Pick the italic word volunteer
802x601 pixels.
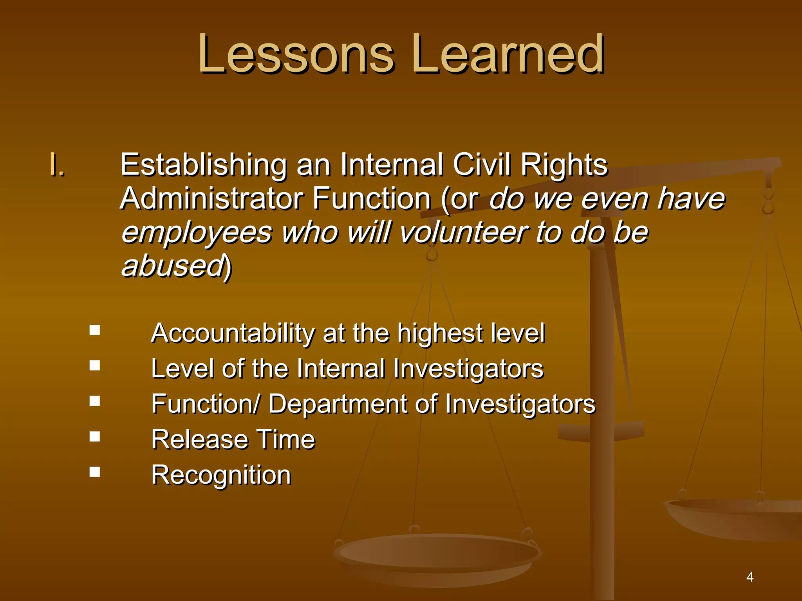(464, 232)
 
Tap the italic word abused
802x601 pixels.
(173, 266)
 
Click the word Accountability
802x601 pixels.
(233, 333)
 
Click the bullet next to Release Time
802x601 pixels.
(94, 436)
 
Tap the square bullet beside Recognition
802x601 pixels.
(94, 471)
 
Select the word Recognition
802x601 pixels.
(221, 475)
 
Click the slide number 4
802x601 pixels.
(750, 577)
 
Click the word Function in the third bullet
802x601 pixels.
(204, 404)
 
